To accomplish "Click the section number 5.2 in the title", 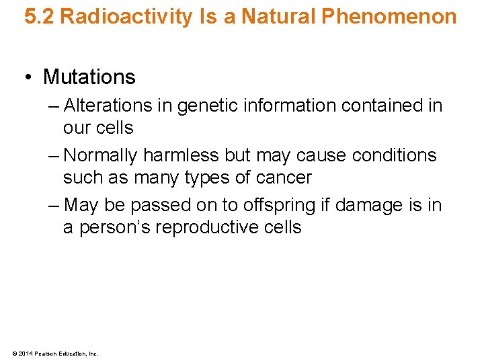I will (x=39, y=17).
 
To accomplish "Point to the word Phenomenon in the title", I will (x=389, y=17).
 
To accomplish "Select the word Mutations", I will (x=89, y=77).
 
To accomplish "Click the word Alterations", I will (x=108, y=106).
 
